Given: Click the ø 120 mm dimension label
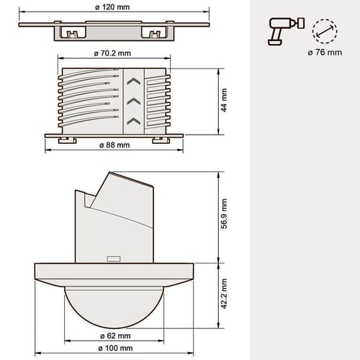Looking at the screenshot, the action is point(112,7).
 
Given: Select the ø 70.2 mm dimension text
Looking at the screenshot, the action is point(112,53).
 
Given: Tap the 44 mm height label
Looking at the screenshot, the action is point(224,100).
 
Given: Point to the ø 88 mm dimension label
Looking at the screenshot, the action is point(114,145).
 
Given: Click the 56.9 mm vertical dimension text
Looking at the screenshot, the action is point(224,214).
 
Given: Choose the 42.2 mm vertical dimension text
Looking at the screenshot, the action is point(224,294).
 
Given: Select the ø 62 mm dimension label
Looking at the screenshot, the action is point(115,336).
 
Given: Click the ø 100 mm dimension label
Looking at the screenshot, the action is point(115,348).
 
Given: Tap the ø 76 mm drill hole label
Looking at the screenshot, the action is point(325,53).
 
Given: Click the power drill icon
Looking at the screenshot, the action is point(286,31).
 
